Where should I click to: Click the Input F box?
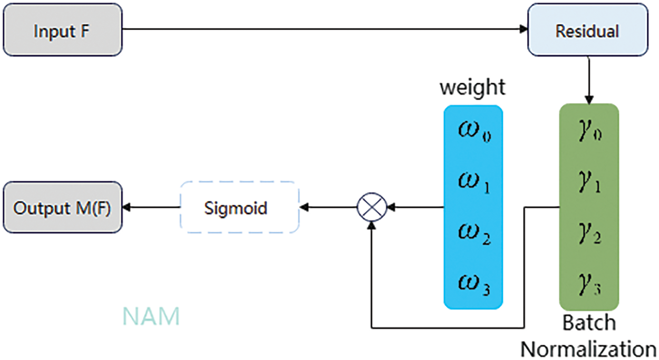tap(62, 31)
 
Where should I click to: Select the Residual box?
tap(587, 31)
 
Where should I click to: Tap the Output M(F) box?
tap(62, 207)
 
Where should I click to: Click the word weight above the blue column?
tap(472, 86)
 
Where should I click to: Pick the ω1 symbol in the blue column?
tap(472, 183)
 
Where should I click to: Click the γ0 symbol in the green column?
tap(588, 130)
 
